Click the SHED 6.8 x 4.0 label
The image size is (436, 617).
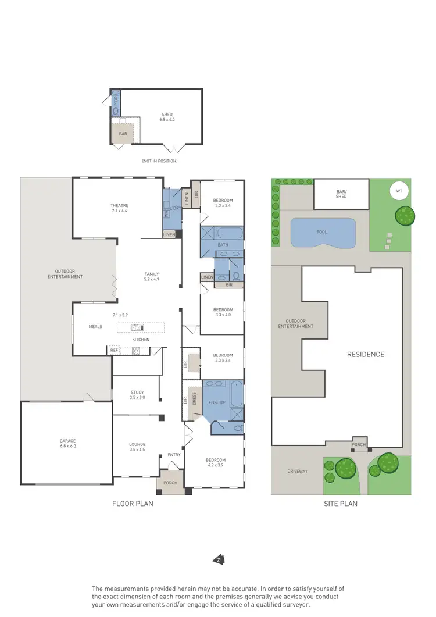pyautogui.click(x=167, y=116)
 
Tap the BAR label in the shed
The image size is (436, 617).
pyautogui.click(x=123, y=133)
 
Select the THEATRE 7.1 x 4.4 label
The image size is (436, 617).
pyautogui.click(x=119, y=208)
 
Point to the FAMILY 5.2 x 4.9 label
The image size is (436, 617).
pyautogui.click(x=152, y=276)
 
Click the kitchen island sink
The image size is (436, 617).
pyautogui.click(x=137, y=327)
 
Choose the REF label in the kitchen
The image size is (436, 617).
pyautogui.click(x=114, y=350)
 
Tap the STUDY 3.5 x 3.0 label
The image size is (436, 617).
pyautogui.click(x=137, y=394)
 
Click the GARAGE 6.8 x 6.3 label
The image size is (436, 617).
pyautogui.click(x=67, y=443)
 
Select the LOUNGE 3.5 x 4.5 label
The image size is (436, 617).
pyautogui.click(x=137, y=447)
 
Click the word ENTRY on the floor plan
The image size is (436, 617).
pyautogui.click(x=174, y=455)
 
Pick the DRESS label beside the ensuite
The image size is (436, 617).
pyautogui.click(x=195, y=398)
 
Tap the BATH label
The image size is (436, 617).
pyautogui.click(x=223, y=245)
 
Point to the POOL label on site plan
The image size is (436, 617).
pyautogui.click(x=322, y=231)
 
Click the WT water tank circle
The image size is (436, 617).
pyautogui.click(x=399, y=190)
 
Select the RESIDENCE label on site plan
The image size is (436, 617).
pyautogui.click(x=366, y=354)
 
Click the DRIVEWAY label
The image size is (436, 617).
pyautogui.click(x=296, y=471)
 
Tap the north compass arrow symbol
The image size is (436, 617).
pyautogui.click(x=219, y=559)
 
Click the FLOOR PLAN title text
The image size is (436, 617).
pyautogui.click(x=133, y=504)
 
